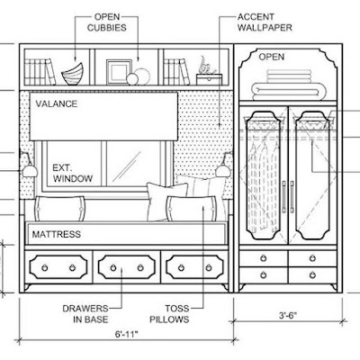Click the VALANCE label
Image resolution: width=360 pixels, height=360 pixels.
57,103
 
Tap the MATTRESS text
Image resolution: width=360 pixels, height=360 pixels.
57,234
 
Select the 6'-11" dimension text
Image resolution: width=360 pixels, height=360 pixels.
127,334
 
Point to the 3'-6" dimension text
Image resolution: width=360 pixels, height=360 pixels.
288,315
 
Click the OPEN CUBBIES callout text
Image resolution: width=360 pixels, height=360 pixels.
107,22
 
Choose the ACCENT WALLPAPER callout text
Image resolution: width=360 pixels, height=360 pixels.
265,22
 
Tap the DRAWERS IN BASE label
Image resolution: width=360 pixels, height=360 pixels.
85,314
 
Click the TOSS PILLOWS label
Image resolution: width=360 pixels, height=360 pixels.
169,314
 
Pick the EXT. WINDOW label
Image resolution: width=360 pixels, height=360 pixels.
73,173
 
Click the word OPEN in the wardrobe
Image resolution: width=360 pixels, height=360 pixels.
272,57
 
